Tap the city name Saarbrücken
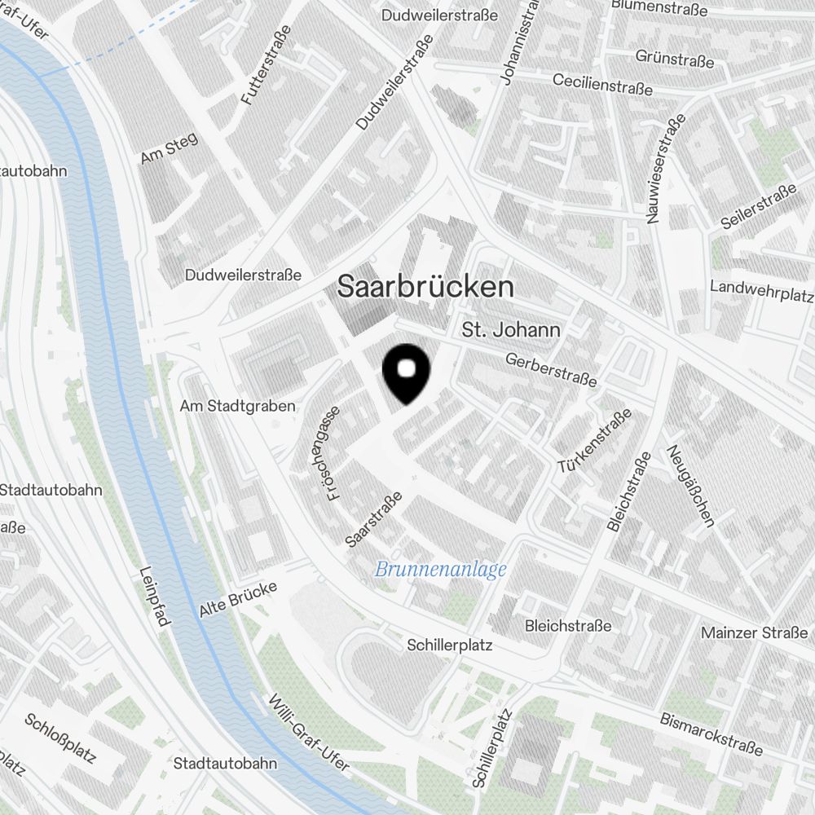(x=425, y=287)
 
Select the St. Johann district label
(x=511, y=330)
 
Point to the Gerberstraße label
(x=551, y=370)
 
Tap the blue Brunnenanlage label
(x=440, y=570)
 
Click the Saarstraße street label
(x=374, y=519)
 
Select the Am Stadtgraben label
(x=237, y=406)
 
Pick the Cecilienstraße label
(x=602, y=84)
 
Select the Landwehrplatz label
(x=761, y=288)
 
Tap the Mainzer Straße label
(x=754, y=632)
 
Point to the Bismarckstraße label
(x=711, y=734)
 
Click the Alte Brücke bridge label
(x=238, y=599)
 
